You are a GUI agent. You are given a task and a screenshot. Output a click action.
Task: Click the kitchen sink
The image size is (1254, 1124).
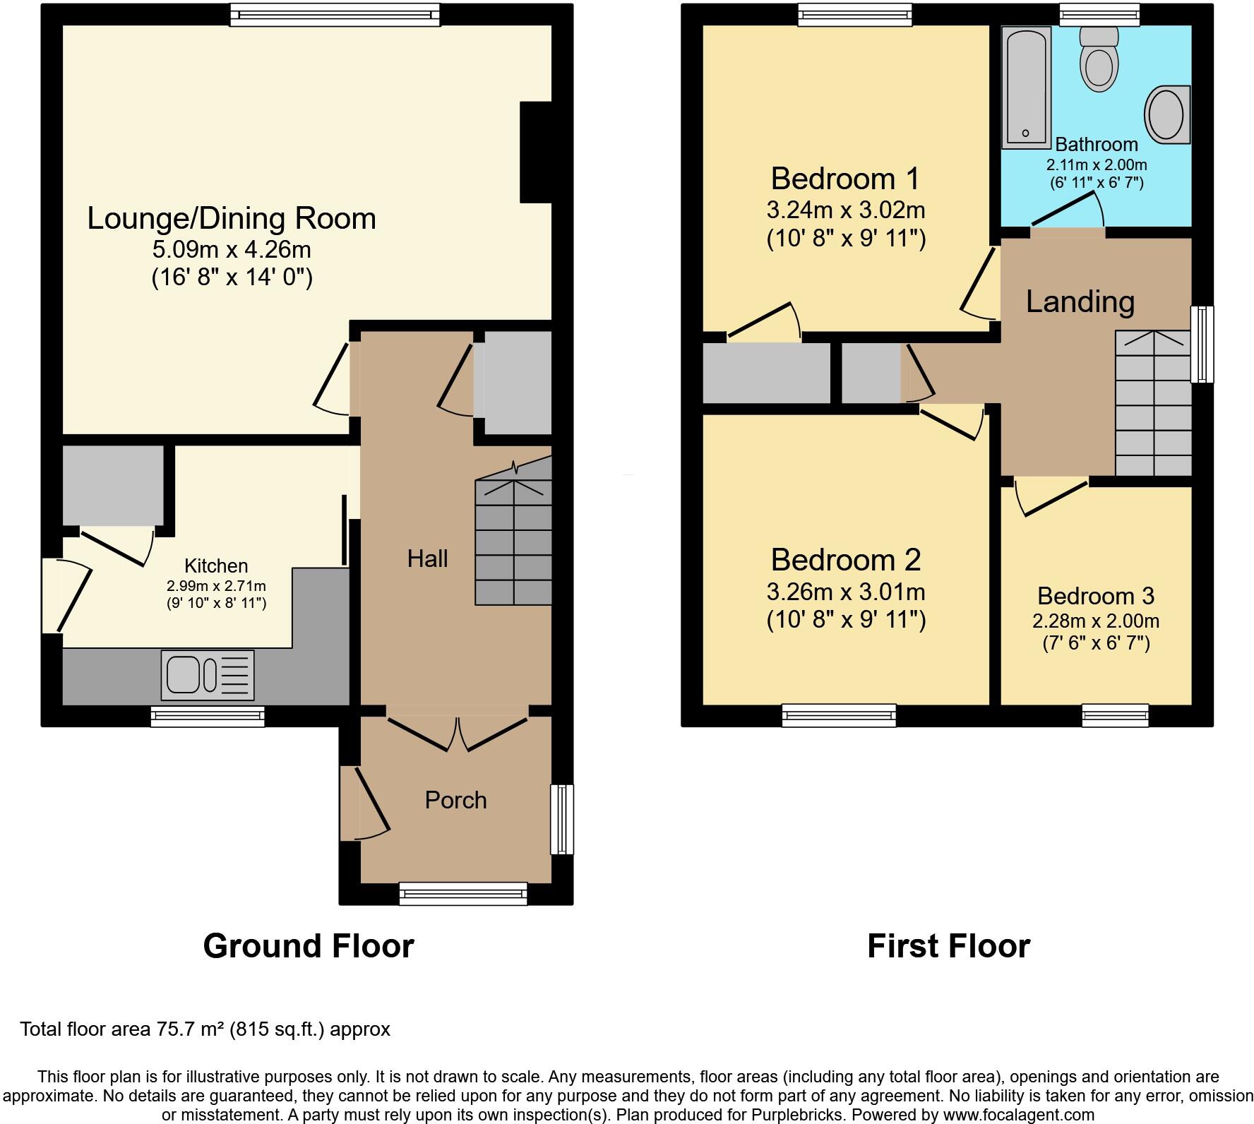[x=208, y=675]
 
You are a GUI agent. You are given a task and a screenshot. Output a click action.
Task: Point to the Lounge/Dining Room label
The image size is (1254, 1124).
[x=232, y=219]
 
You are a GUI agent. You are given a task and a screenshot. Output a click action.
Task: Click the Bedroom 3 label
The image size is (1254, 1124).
[x=1096, y=596]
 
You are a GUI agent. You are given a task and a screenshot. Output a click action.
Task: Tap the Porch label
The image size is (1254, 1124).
[x=455, y=800]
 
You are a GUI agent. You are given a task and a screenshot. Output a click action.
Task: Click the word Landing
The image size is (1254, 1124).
[x=1080, y=301]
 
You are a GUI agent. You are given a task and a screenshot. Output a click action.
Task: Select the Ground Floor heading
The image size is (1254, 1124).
[x=309, y=946]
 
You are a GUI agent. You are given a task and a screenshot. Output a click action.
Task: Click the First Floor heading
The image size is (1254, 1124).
[x=948, y=946]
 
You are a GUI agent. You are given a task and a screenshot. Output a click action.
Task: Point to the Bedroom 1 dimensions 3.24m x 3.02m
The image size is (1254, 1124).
[x=845, y=210]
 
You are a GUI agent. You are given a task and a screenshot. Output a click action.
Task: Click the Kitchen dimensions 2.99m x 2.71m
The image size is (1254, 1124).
[x=216, y=586]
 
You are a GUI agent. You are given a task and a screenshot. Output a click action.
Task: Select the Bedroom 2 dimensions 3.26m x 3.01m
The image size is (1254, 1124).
[x=845, y=592]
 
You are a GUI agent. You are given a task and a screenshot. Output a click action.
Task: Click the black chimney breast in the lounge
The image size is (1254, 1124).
[x=535, y=153]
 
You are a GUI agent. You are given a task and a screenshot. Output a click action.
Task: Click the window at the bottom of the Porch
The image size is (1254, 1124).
[x=463, y=893]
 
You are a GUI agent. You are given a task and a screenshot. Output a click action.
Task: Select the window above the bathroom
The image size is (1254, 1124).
[x=1099, y=14]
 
